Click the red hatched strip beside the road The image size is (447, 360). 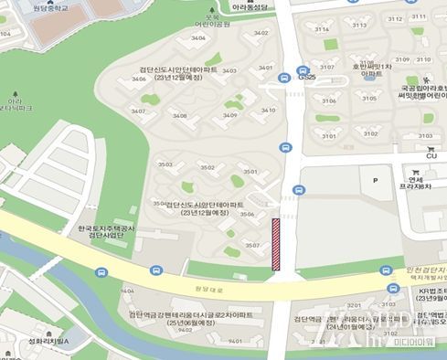pos(276,245)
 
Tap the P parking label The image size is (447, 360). pos(375,181)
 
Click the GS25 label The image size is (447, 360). pos(305,79)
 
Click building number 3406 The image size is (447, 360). pos(139,79)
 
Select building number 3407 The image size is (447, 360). pos(138,111)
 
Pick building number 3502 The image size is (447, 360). pos(208,167)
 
